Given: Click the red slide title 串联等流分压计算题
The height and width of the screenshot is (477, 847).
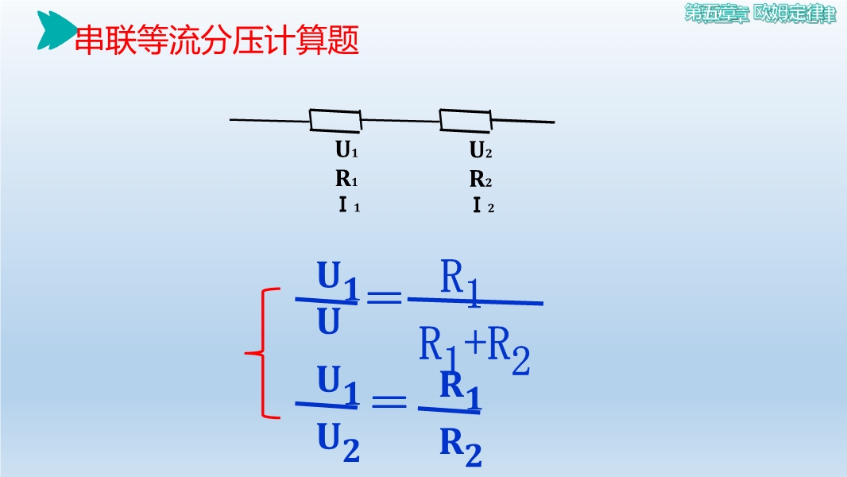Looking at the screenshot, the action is click(x=217, y=40).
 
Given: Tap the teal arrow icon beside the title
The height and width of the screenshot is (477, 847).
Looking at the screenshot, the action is click(x=56, y=30).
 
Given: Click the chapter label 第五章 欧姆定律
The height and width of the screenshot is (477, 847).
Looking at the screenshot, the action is click(x=760, y=14).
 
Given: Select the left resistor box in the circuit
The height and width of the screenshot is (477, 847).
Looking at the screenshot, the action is click(x=335, y=121).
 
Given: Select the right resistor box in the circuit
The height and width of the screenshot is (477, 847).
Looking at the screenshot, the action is click(x=465, y=121).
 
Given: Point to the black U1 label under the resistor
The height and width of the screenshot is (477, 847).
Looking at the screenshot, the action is click(x=346, y=149).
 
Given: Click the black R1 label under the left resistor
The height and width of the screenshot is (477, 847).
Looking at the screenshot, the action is click(x=346, y=178).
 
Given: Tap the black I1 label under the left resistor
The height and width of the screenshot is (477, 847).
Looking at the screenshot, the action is click(x=349, y=205).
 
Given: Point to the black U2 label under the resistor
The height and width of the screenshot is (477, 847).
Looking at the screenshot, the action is click(x=480, y=149).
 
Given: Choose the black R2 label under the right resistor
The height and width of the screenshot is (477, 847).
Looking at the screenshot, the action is click(x=480, y=178).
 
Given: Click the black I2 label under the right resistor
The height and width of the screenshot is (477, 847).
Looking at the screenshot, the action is click(x=483, y=205).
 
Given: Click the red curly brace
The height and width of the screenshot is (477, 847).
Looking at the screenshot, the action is click(x=263, y=353).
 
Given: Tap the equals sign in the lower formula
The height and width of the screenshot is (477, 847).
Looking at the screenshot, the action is click(x=389, y=401).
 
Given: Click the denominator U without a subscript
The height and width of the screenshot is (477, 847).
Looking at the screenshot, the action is click(x=328, y=321).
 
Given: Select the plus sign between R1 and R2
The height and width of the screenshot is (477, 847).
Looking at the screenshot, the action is click(x=475, y=343).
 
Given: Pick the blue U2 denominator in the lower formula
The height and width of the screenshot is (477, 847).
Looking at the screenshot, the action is click(x=338, y=442).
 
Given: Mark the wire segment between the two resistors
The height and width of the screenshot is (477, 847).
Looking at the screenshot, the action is click(x=400, y=120).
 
